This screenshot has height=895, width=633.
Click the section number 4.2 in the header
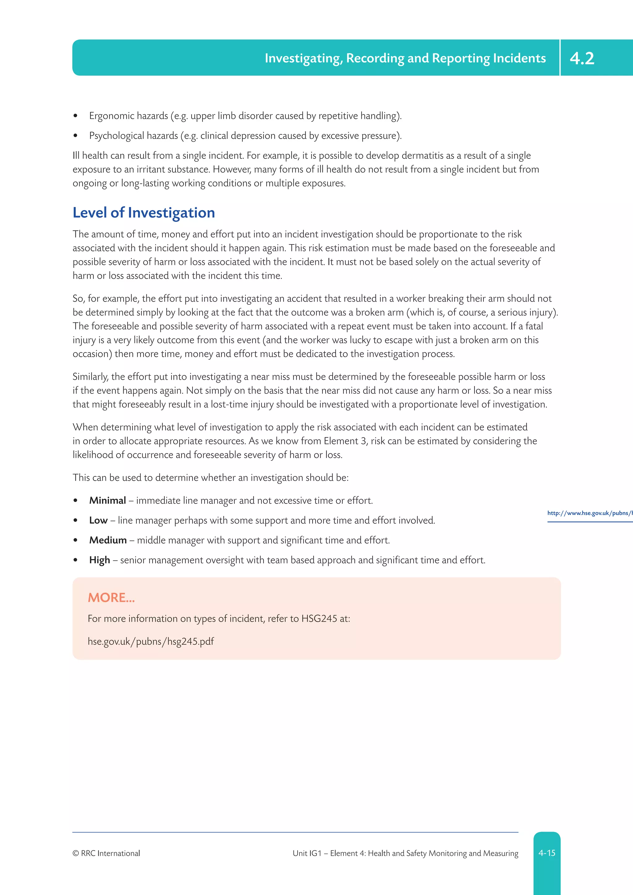click(x=582, y=58)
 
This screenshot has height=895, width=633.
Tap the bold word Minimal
click(x=107, y=501)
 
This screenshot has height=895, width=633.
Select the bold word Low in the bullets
click(x=98, y=520)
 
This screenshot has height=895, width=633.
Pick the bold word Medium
click(x=108, y=540)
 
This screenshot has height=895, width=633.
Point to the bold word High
click(x=100, y=560)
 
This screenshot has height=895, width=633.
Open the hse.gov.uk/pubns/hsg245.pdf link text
click(x=151, y=642)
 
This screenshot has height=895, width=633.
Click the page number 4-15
click(x=546, y=853)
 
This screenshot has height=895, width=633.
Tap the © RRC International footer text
click(x=106, y=853)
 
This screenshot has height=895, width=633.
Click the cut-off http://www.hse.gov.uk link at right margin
click(x=589, y=513)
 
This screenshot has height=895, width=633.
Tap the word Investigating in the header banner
click(x=303, y=58)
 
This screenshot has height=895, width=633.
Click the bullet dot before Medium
click(x=76, y=541)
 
